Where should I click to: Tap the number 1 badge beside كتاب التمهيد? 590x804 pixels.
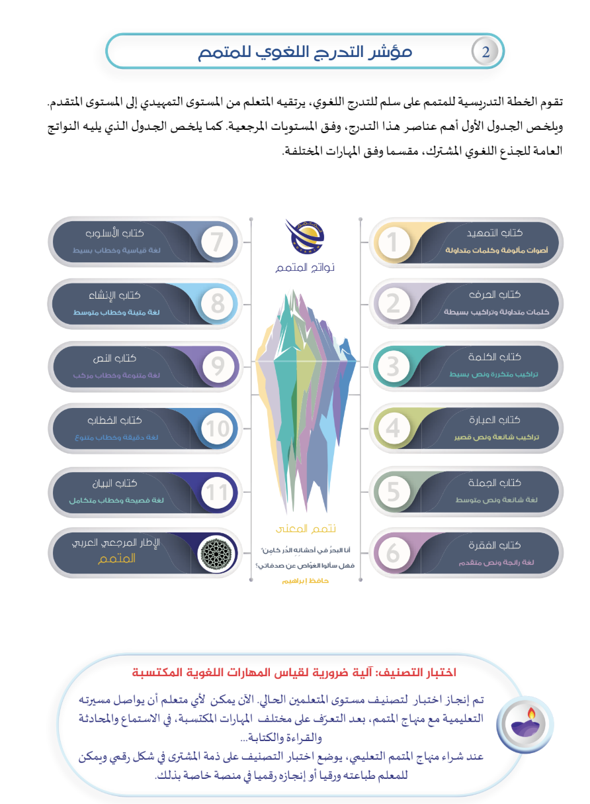(394, 242)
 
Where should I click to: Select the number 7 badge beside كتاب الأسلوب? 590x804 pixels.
(216, 242)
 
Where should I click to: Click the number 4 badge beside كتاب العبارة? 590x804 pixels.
(394, 429)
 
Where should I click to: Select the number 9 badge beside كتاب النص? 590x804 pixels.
(216, 367)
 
